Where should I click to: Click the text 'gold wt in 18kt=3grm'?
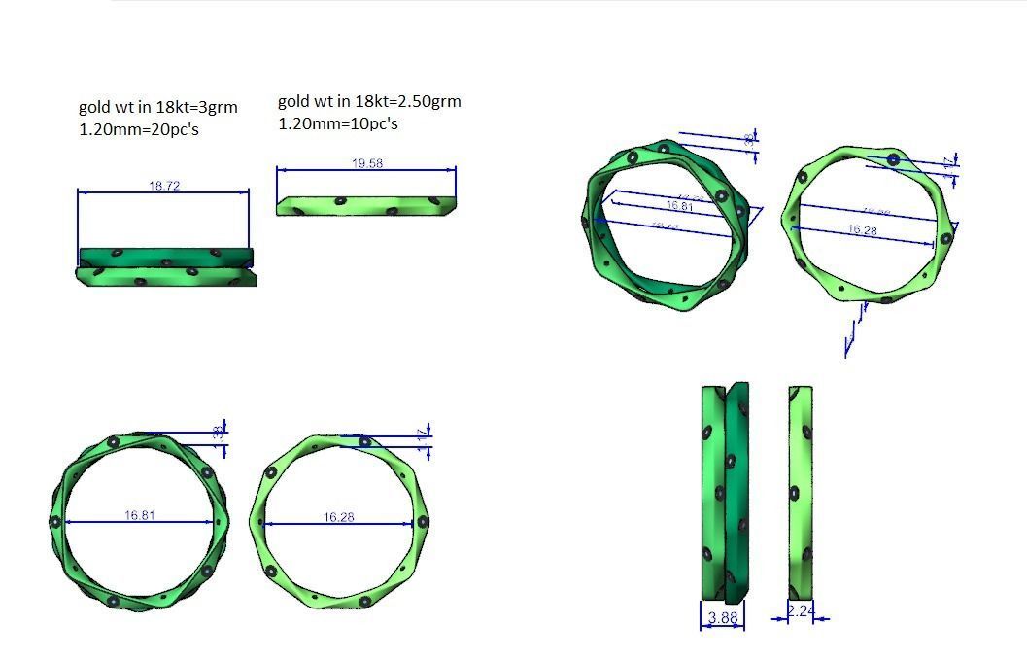point(157,107)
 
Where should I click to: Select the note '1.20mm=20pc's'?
point(138,129)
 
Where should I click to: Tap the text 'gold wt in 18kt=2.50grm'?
point(369,101)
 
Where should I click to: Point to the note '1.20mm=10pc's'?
point(338,123)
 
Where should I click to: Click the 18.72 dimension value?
point(164,186)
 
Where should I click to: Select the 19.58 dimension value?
point(366,164)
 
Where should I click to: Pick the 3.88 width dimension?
point(722,617)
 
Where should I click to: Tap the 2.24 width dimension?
point(800,611)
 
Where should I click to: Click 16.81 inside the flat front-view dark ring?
point(140,515)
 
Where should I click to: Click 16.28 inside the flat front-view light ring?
point(338,517)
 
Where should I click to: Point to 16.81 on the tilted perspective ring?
point(679,206)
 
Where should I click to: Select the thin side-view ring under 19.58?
point(366,205)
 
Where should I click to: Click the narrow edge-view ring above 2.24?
point(801,493)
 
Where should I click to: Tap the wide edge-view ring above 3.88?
point(725,493)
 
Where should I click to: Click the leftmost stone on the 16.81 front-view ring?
point(55,522)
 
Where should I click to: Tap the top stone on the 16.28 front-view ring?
point(364,441)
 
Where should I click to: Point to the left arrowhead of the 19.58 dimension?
point(281,170)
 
